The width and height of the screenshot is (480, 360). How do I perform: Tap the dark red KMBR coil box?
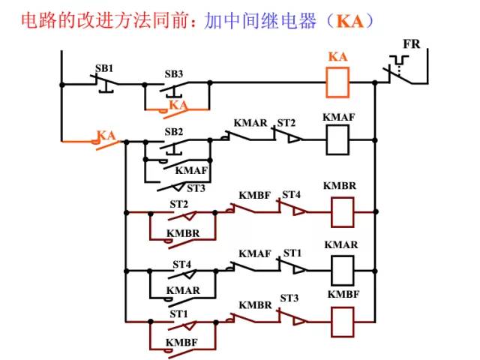tap(342, 211)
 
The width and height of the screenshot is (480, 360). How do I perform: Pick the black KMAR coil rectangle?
tap(342, 268)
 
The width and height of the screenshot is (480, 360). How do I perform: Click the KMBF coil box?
tap(342, 322)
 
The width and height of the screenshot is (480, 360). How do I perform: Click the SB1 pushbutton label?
tap(104, 68)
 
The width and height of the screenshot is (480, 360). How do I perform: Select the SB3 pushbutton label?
tap(174, 74)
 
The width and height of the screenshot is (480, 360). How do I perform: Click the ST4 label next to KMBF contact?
tap(290, 195)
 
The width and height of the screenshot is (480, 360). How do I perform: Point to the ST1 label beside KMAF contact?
tap(292, 253)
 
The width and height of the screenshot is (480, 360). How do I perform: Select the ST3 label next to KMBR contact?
tap(289, 298)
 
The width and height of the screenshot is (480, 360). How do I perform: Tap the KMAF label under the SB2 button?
tap(191, 170)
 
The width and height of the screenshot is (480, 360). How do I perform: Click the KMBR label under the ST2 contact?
tap(183, 233)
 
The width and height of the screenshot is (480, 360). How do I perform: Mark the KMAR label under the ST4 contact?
tap(183, 289)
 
